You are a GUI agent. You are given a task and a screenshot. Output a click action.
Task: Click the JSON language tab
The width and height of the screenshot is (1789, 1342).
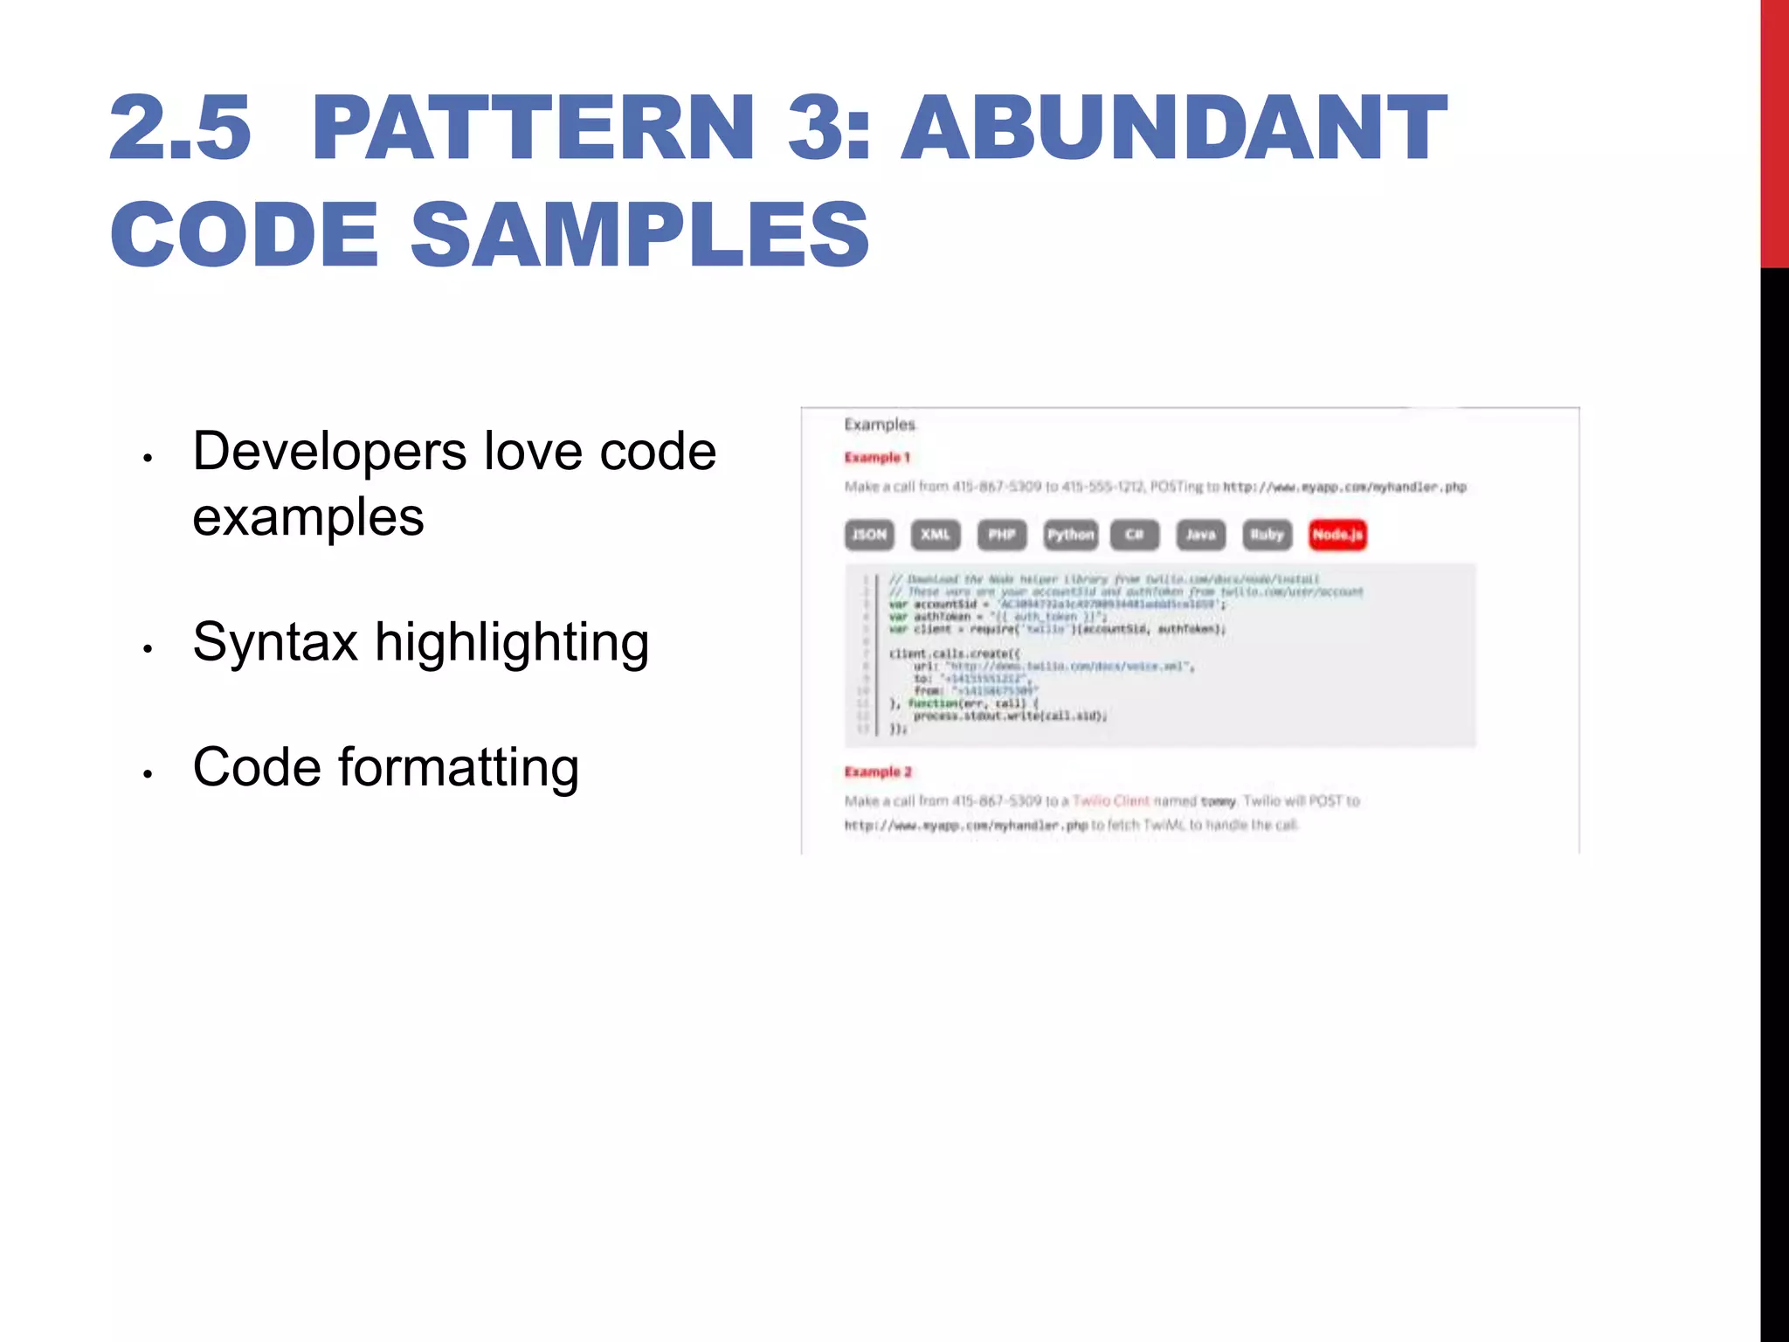tap(869, 535)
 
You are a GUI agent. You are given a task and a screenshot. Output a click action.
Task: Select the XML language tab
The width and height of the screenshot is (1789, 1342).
tap(936, 535)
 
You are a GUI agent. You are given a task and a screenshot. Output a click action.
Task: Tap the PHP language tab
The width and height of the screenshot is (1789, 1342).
tap(1002, 535)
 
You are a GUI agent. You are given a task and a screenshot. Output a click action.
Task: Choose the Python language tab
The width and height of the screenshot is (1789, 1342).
tap(1071, 535)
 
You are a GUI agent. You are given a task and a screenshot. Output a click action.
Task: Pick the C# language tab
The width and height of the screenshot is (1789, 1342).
tap(1135, 535)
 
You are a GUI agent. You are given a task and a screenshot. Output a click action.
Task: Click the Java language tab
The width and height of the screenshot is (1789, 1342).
tap(1201, 535)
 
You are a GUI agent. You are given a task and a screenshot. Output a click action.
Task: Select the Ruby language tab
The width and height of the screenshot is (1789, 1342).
tap(1267, 535)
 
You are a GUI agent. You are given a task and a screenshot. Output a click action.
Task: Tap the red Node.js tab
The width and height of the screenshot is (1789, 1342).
tap(1337, 535)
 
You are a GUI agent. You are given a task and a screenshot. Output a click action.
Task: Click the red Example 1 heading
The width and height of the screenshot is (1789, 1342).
tap(877, 458)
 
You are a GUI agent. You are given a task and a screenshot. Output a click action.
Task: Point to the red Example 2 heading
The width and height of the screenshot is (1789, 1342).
tap(878, 772)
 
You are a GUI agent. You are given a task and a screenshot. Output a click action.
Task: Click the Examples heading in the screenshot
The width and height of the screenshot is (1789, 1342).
tap(880, 425)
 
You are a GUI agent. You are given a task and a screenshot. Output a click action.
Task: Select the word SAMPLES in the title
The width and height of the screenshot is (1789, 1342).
tap(639, 234)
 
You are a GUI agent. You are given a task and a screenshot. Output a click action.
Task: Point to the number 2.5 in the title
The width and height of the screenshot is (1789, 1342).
tap(180, 128)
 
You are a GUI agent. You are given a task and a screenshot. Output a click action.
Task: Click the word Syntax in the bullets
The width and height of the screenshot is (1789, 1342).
tap(275, 642)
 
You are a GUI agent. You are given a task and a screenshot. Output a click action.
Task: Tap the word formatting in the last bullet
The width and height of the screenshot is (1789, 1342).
tap(459, 768)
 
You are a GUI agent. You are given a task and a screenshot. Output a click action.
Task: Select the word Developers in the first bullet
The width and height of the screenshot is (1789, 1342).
tap(330, 452)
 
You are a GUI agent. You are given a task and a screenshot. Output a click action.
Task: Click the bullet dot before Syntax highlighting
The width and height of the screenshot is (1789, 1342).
tap(149, 648)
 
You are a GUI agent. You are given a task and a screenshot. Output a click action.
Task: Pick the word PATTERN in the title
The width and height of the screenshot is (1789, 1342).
tap(533, 128)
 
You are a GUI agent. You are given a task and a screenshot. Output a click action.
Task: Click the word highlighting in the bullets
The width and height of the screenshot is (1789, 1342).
tap(512, 644)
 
